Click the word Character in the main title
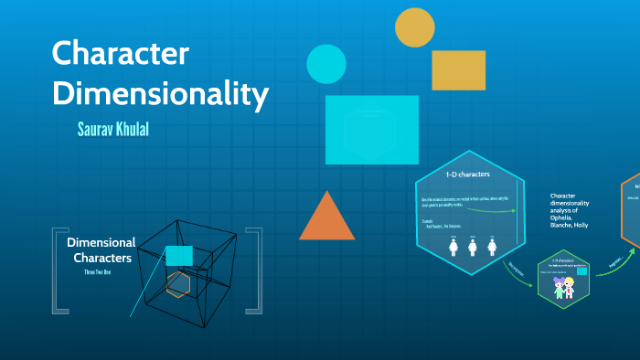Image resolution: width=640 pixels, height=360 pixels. [x=120, y=54]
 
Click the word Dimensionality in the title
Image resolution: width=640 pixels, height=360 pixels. [x=160, y=94]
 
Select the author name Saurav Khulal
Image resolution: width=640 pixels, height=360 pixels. [x=113, y=130]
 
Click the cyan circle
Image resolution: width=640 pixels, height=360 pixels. [x=326, y=64]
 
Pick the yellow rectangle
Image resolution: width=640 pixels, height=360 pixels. [x=458, y=70]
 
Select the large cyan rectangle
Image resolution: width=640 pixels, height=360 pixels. [x=371, y=130]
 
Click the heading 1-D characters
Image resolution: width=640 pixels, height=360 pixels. [x=467, y=174]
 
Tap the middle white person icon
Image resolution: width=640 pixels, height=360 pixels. [x=473, y=246]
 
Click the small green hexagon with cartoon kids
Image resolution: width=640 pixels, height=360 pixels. [x=562, y=279]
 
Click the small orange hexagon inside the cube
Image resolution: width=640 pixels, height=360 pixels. [x=178, y=284]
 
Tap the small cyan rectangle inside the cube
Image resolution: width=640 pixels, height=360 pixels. [x=179, y=255]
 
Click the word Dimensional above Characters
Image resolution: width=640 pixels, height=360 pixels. [x=101, y=242]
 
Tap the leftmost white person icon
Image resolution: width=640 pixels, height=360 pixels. [x=453, y=246]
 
